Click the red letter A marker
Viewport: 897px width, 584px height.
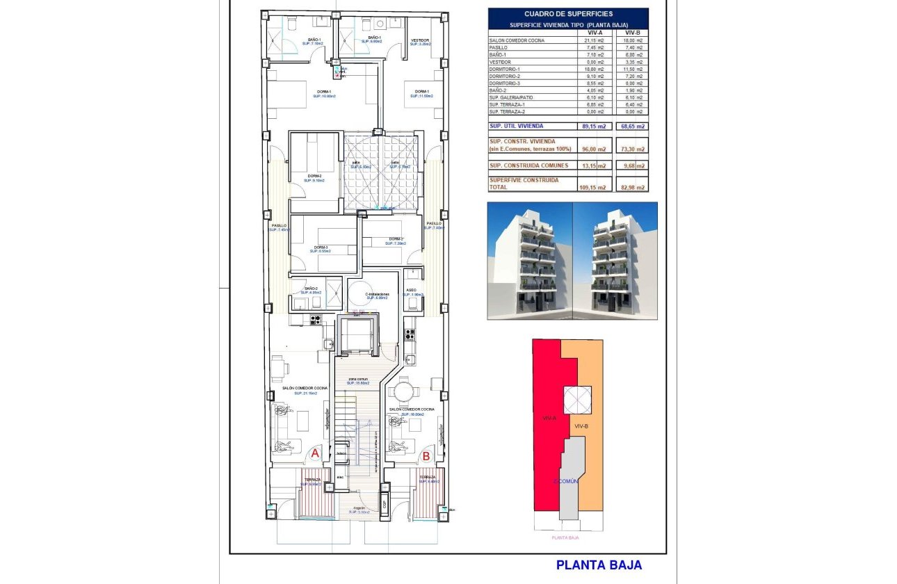[314, 453]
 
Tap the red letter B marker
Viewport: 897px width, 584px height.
[426, 456]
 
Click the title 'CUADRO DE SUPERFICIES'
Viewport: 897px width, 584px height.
[567, 13]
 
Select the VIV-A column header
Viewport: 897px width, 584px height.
[594, 33]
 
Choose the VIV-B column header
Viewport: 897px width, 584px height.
[632, 33]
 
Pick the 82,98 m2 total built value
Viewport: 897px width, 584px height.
[632, 188]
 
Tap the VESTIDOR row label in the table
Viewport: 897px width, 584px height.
[501, 62]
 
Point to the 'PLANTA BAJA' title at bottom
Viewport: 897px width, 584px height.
[599, 565]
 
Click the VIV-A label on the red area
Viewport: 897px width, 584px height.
[549, 419]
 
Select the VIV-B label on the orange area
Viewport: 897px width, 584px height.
[582, 425]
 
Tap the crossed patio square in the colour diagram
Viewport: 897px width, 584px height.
[576, 400]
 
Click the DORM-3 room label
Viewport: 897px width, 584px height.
[321, 248]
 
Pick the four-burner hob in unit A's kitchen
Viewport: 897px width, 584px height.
[315, 320]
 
